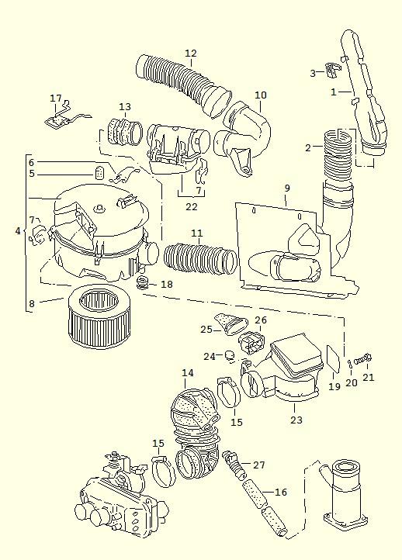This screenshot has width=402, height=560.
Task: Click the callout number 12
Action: pyautogui.click(x=191, y=54)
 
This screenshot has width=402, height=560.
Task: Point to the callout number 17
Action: pyautogui.click(x=56, y=99)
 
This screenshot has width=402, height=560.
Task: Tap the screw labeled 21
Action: pyautogui.click(x=363, y=358)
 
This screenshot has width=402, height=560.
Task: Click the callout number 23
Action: pyautogui.click(x=296, y=420)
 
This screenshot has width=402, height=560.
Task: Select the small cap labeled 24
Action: pyautogui.click(x=229, y=355)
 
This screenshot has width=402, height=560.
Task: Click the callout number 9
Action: pyautogui.click(x=287, y=188)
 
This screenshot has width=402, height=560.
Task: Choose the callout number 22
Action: pyautogui.click(x=192, y=207)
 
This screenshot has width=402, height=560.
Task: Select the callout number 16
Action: pyautogui.click(x=281, y=493)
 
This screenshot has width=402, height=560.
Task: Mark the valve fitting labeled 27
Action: pyautogui.click(x=234, y=465)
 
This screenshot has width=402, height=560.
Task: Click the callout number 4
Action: pyautogui.click(x=18, y=230)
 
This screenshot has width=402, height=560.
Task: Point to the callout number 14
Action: pyautogui.click(x=188, y=373)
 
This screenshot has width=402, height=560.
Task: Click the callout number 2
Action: pyautogui.click(x=308, y=147)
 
